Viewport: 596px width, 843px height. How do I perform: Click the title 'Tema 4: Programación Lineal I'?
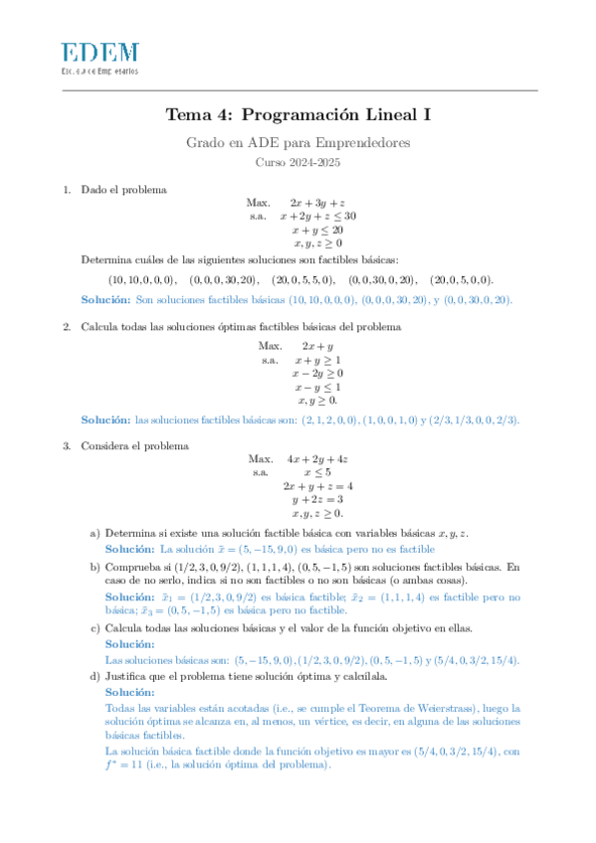click(x=298, y=115)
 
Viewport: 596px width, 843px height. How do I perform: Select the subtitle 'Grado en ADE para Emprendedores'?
click(x=298, y=143)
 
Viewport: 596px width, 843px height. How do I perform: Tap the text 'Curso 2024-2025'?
click(x=298, y=162)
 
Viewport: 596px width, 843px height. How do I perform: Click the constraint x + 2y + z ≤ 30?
click(x=317, y=216)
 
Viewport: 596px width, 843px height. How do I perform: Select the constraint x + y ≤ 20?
click(x=317, y=230)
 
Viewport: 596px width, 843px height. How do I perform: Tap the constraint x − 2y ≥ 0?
click(x=317, y=374)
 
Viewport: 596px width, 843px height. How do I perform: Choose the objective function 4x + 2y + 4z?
click(x=317, y=459)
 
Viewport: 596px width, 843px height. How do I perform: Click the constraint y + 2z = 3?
click(x=317, y=500)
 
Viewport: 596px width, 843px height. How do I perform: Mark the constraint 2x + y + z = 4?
click(x=317, y=486)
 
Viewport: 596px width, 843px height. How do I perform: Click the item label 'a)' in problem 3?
click(x=96, y=534)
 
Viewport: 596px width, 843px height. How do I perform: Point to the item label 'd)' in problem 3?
click(x=96, y=678)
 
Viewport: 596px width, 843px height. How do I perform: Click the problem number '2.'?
click(x=67, y=327)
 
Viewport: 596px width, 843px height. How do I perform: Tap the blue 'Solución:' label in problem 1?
click(x=105, y=299)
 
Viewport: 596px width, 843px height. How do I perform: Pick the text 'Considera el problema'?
click(x=134, y=446)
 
